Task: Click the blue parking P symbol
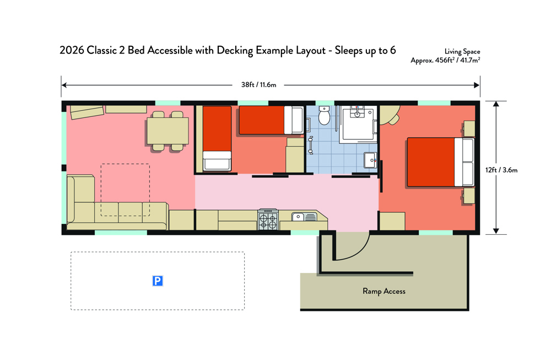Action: pyautogui.click(x=158, y=281)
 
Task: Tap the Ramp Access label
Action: pyautogui.click(x=383, y=291)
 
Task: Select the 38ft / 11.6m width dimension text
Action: pyautogui.click(x=258, y=85)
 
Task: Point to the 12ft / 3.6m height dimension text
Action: pyautogui.click(x=501, y=170)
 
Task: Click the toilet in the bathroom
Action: pyautogui.click(x=325, y=115)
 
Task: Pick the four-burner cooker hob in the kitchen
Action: pyautogui.click(x=268, y=220)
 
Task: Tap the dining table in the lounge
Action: pyautogui.click(x=168, y=131)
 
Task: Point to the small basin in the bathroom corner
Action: pyautogui.click(x=370, y=160)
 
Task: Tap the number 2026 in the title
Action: pyautogui.click(x=72, y=50)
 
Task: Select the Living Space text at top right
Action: pyautogui.click(x=462, y=52)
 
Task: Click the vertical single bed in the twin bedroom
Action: pyautogui.click(x=217, y=138)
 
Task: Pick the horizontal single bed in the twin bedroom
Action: pyautogui.click(x=271, y=120)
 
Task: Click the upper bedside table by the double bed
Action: pyautogui.click(x=469, y=128)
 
